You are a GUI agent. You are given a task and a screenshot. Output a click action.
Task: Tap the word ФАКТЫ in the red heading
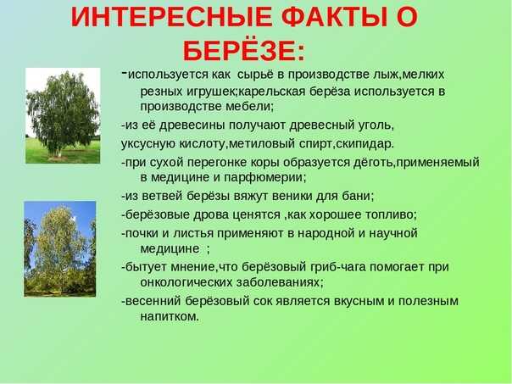tap(334, 17)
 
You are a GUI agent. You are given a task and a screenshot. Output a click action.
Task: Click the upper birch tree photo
tap(63, 115)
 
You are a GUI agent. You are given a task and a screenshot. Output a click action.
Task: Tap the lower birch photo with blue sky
tap(60, 249)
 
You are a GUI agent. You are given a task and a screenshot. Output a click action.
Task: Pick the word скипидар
tap(363, 144)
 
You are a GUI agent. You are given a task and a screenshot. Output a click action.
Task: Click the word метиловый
tap(261, 144)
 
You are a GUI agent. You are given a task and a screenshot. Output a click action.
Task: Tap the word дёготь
tap(373, 162)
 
